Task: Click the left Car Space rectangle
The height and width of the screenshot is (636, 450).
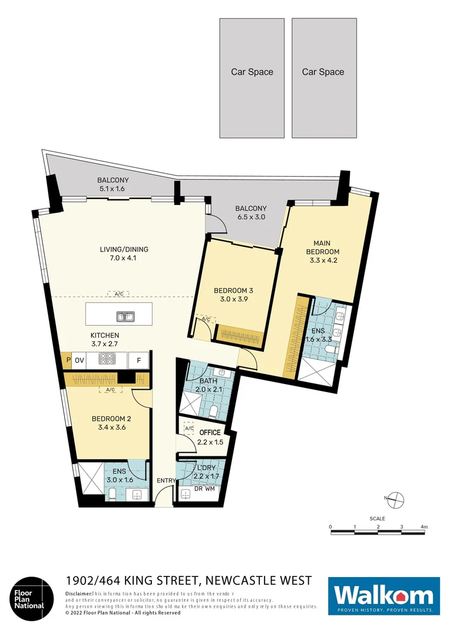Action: pos(252,78)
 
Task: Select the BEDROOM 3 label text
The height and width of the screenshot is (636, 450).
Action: pos(234,290)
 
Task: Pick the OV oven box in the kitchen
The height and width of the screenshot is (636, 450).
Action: pos(81,359)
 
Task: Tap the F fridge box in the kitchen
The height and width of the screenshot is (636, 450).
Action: pos(139,359)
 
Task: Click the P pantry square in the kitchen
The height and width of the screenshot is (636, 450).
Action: pos(68,359)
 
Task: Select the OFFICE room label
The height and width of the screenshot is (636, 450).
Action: pos(210,433)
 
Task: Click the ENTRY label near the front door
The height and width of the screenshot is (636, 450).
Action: pos(166,481)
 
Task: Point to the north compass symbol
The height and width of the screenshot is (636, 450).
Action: pos(395,499)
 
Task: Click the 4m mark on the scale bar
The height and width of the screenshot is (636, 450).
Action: pos(423,526)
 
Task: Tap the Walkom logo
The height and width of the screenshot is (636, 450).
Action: pos(384,596)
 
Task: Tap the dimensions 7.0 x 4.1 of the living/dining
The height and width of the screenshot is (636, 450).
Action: pos(124,258)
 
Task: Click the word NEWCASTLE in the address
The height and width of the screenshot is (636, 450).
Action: pos(236,581)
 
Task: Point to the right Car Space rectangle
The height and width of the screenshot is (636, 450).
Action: pos(323,78)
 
